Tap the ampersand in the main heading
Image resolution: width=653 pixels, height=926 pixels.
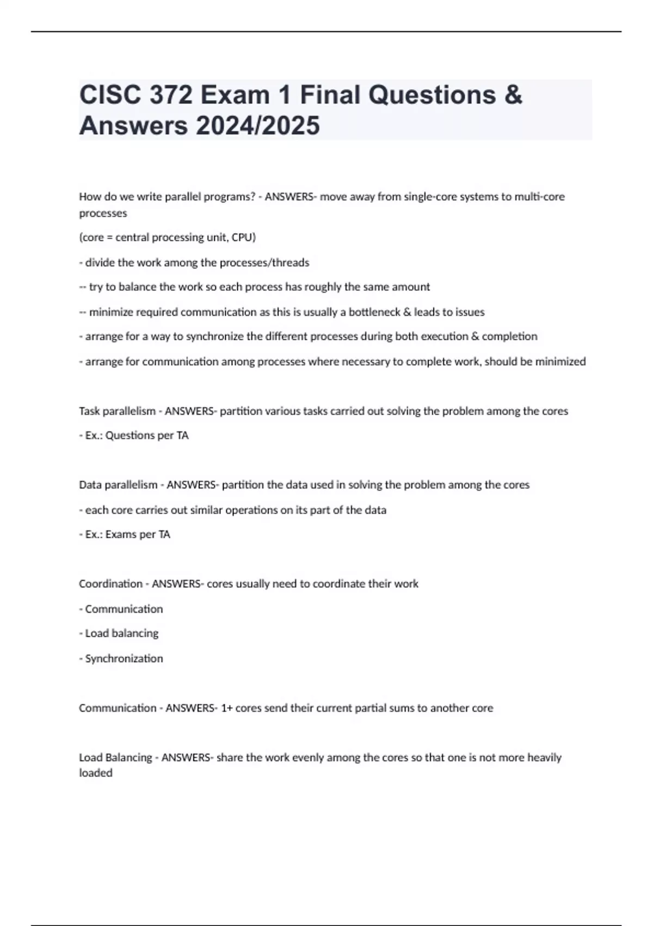pyautogui.click(x=513, y=95)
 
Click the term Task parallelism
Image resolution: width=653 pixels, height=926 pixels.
pyautogui.click(x=117, y=411)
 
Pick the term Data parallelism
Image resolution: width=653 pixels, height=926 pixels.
pyautogui.click(x=118, y=485)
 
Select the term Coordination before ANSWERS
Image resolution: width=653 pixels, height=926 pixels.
pyautogui.click(x=110, y=584)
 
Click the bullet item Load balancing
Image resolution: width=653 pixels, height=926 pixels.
pyautogui.click(x=122, y=633)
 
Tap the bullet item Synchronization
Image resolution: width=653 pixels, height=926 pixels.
pyautogui.click(x=124, y=659)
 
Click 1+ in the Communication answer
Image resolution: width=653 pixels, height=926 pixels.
pyautogui.click(x=227, y=708)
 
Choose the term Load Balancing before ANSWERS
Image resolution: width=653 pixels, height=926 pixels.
pyautogui.click(x=115, y=758)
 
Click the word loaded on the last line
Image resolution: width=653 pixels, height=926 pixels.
pyautogui.click(x=96, y=773)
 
